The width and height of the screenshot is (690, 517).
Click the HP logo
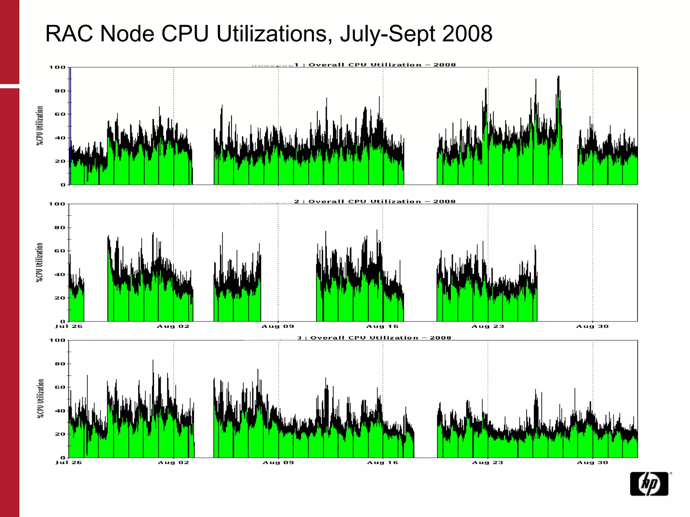[649, 484]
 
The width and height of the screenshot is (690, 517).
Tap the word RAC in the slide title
[69, 34]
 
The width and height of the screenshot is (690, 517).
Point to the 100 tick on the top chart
[57, 67]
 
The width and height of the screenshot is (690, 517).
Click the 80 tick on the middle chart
[59, 228]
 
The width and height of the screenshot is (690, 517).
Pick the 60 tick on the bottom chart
[60, 387]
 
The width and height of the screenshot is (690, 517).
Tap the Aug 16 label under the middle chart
[382, 326]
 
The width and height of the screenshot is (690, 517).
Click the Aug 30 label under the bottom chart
[592, 462]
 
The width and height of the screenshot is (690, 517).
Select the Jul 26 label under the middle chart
[69, 326]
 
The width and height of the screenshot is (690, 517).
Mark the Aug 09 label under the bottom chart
[278, 462]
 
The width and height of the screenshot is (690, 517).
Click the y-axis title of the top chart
[40, 126]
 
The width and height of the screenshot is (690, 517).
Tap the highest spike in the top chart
[558, 77]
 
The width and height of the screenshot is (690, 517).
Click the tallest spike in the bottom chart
[153, 361]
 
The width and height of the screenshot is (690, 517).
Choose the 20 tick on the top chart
[60, 161]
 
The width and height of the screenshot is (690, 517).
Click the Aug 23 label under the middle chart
[488, 326]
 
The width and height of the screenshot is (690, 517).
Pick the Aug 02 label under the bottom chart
[174, 462]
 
